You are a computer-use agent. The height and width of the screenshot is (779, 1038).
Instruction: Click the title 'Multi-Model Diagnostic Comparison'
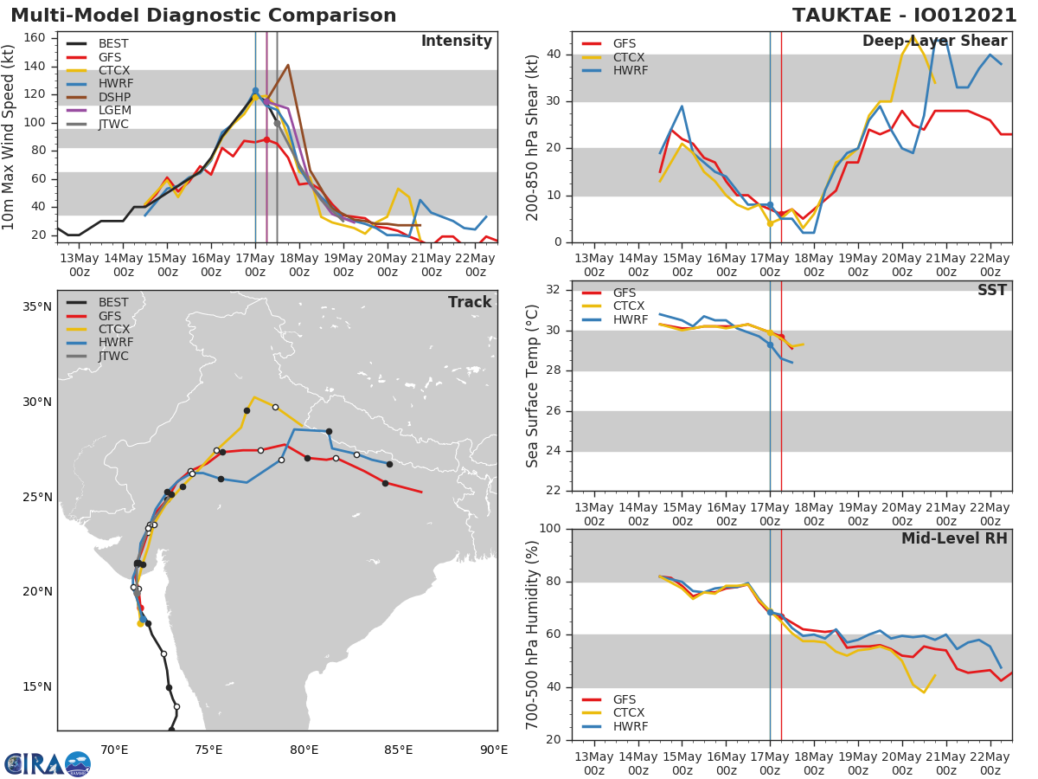click(x=203, y=16)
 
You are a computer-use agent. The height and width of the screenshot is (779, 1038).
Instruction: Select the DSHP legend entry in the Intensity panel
click(x=113, y=97)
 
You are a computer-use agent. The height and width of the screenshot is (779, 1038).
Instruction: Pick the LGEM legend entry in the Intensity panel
click(x=114, y=111)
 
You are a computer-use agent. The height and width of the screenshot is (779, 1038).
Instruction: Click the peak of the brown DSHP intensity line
click(x=288, y=65)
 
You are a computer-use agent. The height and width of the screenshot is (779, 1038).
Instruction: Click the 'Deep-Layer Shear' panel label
click(x=934, y=42)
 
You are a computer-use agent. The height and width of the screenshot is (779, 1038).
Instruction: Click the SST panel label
click(x=991, y=290)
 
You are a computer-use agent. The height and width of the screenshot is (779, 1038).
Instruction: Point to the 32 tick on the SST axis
click(x=556, y=290)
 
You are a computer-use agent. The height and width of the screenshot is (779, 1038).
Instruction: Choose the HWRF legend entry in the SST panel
click(x=630, y=319)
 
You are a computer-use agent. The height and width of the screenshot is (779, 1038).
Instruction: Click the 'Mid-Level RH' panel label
click(x=954, y=538)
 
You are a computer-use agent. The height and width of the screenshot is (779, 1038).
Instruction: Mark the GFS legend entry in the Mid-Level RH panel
click(x=624, y=699)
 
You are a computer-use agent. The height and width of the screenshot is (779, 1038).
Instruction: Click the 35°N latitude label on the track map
click(x=36, y=307)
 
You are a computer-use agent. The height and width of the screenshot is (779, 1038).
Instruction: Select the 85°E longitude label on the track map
click(x=399, y=750)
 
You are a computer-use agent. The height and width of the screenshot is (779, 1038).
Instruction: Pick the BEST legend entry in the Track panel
click(x=113, y=302)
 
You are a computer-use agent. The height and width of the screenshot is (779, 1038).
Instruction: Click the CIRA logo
click(x=48, y=763)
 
